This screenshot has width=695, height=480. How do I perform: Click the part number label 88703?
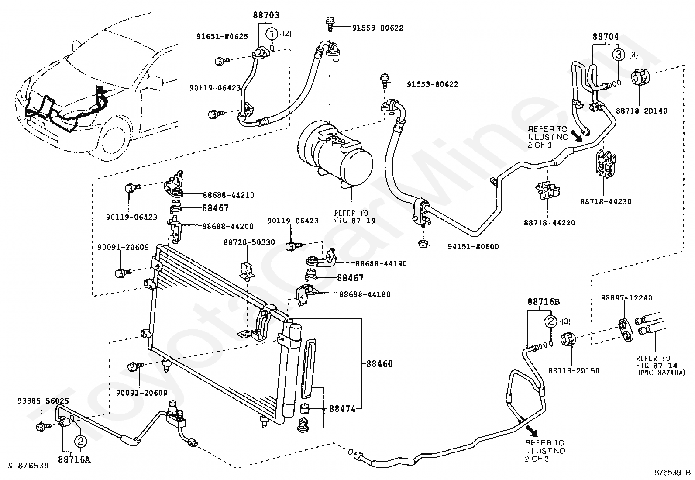pyautogui.click(x=266, y=15)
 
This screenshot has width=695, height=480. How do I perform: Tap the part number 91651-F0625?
pyautogui.click(x=222, y=37)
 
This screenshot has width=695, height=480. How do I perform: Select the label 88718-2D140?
pyautogui.click(x=641, y=111)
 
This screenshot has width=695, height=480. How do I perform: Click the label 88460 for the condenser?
pyautogui.click(x=379, y=363)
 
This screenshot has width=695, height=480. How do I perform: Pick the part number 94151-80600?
pyautogui.click(x=473, y=246)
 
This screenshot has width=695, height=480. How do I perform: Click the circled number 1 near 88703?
pyautogui.click(x=272, y=33)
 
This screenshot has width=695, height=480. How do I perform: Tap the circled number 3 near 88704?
pyautogui.click(x=618, y=55)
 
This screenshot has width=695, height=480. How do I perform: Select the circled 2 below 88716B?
pyautogui.click(x=551, y=321)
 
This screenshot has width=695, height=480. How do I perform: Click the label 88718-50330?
pyautogui.click(x=249, y=242)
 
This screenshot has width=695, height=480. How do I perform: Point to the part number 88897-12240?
pyautogui.click(x=626, y=298)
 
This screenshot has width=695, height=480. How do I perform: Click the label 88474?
pyautogui.click(x=342, y=409)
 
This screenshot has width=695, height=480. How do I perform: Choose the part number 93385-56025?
pyautogui.click(x=43, y=401)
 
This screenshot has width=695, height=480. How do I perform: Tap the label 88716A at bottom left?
pyautogui.click(x=74, y=459)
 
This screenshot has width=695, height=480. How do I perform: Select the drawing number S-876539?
pyautogui.click(x=28, y=466)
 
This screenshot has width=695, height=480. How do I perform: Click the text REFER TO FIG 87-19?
pyautogui.click(x=354, y=216)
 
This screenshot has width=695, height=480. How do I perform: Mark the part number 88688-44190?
pyautogui.click(x=381, y=264)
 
